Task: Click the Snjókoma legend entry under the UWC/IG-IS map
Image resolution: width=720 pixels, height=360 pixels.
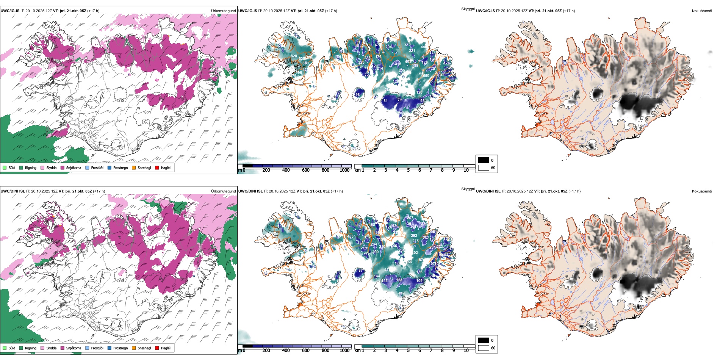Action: pyautogui.click(x=74, y=167)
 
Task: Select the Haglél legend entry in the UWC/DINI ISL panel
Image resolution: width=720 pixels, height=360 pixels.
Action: pyautogui.click(x=166, y=348)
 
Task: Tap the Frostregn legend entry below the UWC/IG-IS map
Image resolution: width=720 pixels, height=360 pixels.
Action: pyautogui.click(x=120, y=167)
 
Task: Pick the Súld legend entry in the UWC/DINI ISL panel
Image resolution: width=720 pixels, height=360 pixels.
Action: pyautogui.click(x=12, y=348)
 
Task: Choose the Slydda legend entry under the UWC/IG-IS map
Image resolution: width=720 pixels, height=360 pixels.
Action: pyautogui.click(x=51, y=167)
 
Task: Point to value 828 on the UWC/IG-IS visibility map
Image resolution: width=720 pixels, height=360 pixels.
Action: pyautogui.click(x=294, y=56)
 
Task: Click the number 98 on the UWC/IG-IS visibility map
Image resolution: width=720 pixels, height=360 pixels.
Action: pyautogui.click(x=357, y=95)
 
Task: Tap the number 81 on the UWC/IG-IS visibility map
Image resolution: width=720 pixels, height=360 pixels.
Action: pyautogui.click(x=385, y=101)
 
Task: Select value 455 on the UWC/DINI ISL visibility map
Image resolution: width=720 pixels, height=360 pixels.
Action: pyautogui.click(x=351, y=236)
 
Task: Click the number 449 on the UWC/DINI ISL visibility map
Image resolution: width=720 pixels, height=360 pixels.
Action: pyautogui.click(x=401, y=293)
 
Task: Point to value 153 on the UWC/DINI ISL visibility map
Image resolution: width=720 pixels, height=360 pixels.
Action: pyautogui.click(x=385, y=281)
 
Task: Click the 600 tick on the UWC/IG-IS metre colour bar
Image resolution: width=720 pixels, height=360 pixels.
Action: pyautogui.click(x=305, y=170)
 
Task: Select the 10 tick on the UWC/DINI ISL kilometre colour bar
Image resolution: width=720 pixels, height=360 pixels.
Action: pyautogui.click(x=466, y=351)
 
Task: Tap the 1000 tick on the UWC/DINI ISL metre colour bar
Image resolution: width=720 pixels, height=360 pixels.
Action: pyautogui.click(x=344, y=351)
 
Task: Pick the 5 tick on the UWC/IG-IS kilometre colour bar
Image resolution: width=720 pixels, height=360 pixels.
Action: pyautogui.click(x=408, y=170)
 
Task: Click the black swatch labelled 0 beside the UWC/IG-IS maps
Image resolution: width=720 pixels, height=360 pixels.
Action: pyautogui.click(x=484, y=160)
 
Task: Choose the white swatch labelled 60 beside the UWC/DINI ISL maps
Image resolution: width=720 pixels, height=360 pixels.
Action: pyautogui.click(x=484, y=348)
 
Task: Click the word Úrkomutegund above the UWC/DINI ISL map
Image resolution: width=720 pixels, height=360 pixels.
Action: pyautogui.click(x=223, y=191)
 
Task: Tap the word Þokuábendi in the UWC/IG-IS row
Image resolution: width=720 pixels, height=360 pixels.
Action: pyautogui.click(x=702, y=11)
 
